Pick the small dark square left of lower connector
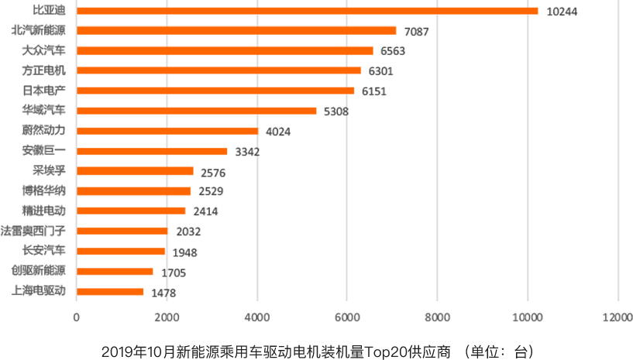243,153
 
